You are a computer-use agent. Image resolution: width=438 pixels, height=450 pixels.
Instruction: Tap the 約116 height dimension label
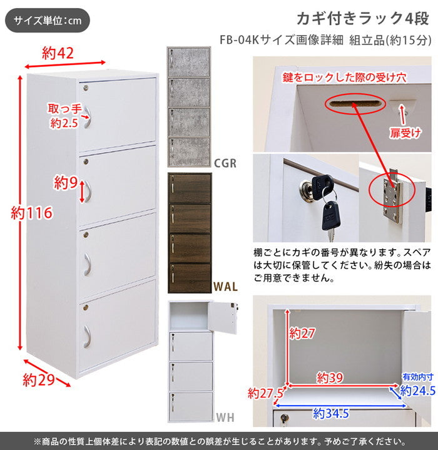(31, 214)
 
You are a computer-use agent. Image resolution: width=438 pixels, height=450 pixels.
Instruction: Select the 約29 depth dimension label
(36, 379)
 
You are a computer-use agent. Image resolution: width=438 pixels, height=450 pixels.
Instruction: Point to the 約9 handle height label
(64, 183)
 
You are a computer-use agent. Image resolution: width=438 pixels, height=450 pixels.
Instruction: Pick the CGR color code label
(225, 164)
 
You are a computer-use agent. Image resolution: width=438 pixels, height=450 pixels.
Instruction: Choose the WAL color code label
(225, 287)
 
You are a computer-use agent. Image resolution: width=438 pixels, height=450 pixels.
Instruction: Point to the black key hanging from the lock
(331, 213)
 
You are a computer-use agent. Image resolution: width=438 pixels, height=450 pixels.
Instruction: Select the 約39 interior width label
(331, 377)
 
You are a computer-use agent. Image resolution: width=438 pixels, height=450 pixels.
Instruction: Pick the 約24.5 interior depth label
(416, 391)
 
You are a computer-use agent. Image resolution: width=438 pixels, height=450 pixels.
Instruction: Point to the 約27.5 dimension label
(266, 393)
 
